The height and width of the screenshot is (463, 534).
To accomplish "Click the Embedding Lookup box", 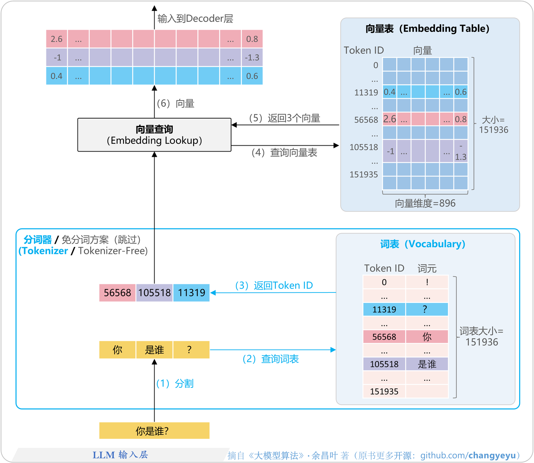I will (x=154, y=135).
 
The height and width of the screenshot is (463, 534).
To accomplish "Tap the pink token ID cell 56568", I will (x=117, y=293).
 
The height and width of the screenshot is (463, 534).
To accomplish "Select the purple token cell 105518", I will (x=154, y=293).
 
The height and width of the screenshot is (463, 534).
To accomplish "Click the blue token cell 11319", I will (x=191, y=293).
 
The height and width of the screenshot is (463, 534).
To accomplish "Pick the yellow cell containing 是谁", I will (x=154, y=350).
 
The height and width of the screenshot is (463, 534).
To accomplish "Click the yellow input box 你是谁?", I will (x=154, y=431).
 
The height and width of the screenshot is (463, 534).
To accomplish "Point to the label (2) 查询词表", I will (x=271, y=359).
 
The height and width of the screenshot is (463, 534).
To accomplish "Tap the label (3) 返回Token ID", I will (x=274, y=285).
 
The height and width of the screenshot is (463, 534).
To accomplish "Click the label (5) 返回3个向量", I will (x=284, y=118).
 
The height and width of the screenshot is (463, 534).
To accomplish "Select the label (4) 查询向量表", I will (x=284, y=153).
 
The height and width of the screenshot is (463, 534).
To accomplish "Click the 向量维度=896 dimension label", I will (x=425, y=203).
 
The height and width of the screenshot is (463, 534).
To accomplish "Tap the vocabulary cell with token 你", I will (x=427, y=337).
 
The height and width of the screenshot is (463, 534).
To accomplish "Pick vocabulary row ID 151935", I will (x=384, y=391).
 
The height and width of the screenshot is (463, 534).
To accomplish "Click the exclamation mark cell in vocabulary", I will (x=427, y=282).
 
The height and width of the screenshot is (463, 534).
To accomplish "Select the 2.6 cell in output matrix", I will (x=57, y=39).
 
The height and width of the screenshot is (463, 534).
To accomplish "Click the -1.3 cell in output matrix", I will (x=252, y=57).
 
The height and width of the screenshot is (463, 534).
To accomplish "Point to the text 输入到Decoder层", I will (x=195, y=19).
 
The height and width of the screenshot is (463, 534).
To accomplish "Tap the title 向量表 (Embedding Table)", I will (x=428, y=29).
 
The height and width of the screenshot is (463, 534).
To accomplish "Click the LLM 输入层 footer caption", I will (x=120, y=455).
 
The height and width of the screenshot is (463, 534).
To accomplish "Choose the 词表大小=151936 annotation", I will (x=481, y=337).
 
